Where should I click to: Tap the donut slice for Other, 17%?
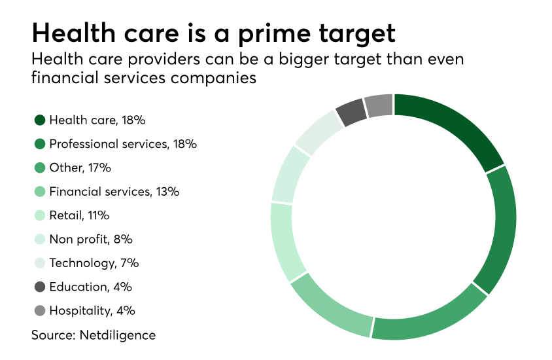point(428,318)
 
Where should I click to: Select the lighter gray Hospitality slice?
point(378,106)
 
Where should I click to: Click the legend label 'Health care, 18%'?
point(97,120)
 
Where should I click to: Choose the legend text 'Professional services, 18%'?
point(123,144)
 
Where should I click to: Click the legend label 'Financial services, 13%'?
point(114,192)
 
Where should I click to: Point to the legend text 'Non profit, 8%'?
point(91,240)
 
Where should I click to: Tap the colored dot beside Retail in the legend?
point(40,215)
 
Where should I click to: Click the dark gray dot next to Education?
point(40,287)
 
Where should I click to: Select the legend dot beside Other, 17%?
point(40,168)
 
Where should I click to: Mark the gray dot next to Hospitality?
point(40,311)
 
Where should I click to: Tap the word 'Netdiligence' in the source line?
point(120,335)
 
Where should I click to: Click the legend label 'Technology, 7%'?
point(94,263)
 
